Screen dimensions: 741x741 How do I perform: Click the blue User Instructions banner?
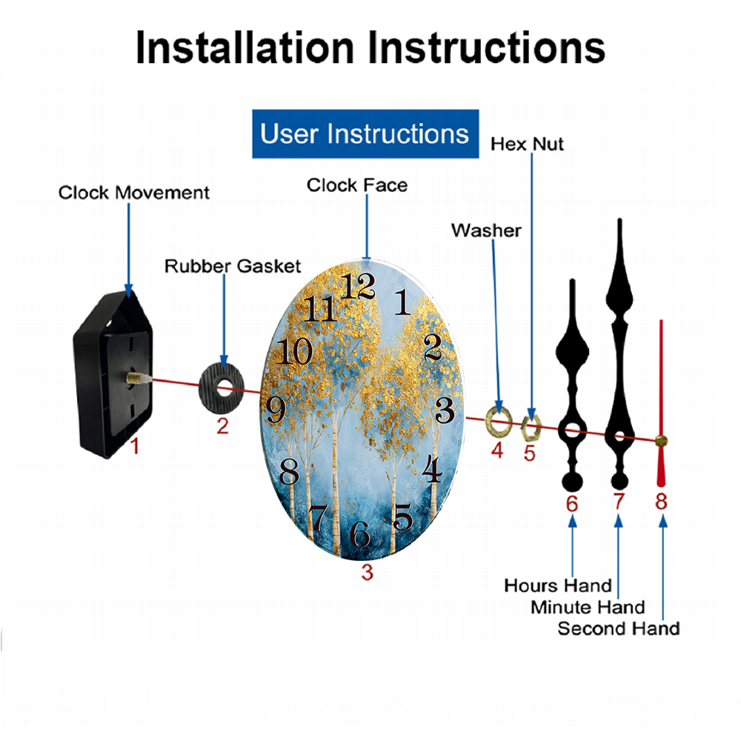(365, 133)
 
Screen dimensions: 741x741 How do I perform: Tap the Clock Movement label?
(133, 193)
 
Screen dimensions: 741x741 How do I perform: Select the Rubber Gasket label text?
(233, 266)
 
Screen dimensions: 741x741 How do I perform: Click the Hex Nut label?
(527, 144)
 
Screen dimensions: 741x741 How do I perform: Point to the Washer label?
(486, 230)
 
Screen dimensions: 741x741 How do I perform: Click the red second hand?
(661, 404)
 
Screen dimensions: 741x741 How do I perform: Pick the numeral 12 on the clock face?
(358, 286)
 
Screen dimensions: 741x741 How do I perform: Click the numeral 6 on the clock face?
(359, 534)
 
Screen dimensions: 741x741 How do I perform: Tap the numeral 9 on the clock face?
(276, 409)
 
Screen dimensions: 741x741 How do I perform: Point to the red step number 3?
(368, 572)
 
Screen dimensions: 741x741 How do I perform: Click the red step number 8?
(661, 502)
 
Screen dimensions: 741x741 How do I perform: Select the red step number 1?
(135, 445)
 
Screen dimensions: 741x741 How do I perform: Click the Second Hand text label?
(619, 628)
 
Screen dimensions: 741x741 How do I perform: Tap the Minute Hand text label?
(588, 608)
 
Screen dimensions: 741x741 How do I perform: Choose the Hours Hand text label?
(558, 585)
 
